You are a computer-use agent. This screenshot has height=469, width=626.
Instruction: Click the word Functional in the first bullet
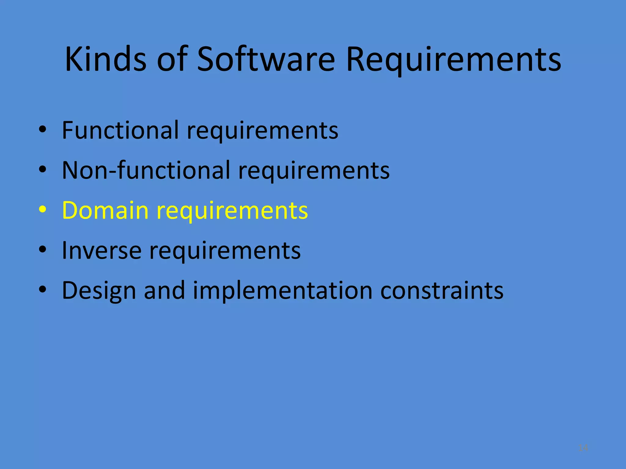[x=120, y=130]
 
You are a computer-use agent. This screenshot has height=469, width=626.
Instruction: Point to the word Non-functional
[x=146, y=170]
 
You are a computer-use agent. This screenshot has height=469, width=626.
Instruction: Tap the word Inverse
[x=101, y=250]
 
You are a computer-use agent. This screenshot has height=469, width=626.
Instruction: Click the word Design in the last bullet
[x=99, y=291]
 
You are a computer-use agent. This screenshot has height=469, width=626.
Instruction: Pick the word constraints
[x=442, y=290]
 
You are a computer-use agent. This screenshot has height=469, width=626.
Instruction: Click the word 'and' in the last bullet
[x=164, y=290]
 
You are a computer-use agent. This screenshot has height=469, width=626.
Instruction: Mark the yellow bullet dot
[x=42, y=210]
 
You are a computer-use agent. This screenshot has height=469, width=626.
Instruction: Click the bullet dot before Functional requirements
[x=42, y=130]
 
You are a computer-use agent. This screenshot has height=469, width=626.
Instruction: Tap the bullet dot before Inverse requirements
[x=42, y=250]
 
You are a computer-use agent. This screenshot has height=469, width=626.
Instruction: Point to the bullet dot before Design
[x=42, y=290]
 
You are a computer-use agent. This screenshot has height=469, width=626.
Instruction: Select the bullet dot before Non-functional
[x=42, y=170]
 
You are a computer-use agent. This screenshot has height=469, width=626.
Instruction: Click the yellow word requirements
[x=232, y=211]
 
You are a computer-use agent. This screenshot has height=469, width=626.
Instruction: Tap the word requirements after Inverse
[x=225, y=251]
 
